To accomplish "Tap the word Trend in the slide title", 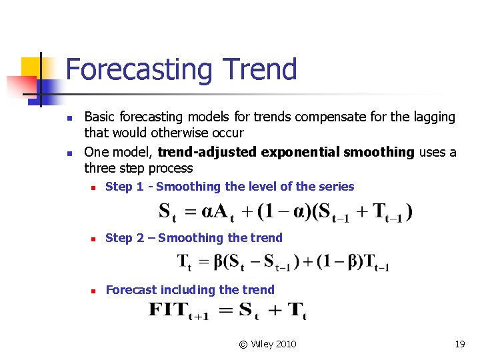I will (x=261, y=69).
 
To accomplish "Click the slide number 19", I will (x=459, y=344).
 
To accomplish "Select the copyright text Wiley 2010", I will (x=273, y=344).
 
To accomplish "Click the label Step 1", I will (x=125, y=187).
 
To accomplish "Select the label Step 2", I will (x=125, y=238).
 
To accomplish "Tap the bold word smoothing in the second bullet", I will (x=379, y=152).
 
